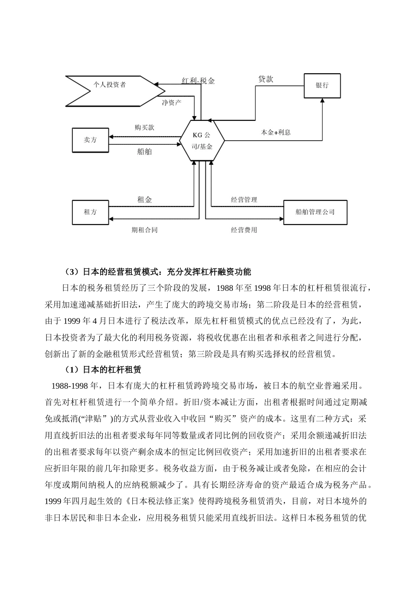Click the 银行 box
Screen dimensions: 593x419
coord(322,85)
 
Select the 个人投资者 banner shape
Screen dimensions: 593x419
coord(110,85)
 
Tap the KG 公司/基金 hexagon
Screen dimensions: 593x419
coord(202,141)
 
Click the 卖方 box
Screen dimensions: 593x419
coord(90,140)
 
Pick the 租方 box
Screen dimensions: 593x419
coord(90,212)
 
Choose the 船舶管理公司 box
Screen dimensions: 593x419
coord(315,212)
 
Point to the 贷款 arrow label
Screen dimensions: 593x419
coord(266,79)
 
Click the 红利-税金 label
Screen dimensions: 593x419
coord(198,81)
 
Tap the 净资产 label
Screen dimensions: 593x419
coord(171,103)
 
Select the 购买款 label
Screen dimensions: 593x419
coord(144,128)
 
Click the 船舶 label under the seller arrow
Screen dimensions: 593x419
coord(144,152)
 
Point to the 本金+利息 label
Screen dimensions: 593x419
coord(276,132)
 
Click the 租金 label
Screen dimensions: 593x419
coord(144,200)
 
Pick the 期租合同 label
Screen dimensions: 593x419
coord(144,230)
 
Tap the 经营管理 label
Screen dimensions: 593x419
coord(244,200)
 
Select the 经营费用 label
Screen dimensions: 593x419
coord(244,230)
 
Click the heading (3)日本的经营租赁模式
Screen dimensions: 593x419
coord(158,271)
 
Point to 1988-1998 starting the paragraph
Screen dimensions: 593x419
coord(70,385)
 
